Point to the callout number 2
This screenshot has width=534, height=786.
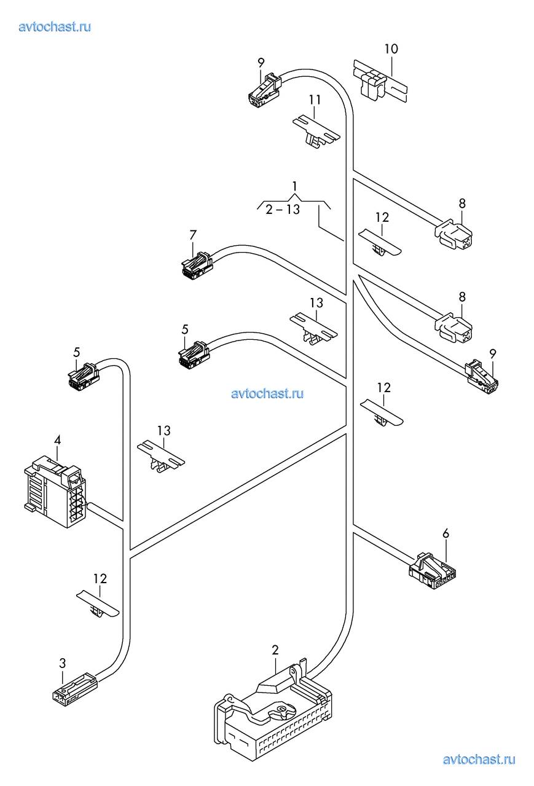tap(275, 650)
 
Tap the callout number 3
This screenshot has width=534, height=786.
tap(63, 663)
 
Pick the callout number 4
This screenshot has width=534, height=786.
tap(57, 440)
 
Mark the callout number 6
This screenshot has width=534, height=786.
tap(446, 533)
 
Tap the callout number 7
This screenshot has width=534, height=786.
tap(193, 234)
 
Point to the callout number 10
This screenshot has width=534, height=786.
tap(391, 49)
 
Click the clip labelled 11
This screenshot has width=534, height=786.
tap(316, 132)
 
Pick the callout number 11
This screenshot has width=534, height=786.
tap(315, 100)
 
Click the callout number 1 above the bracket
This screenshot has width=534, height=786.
tap(294, 186)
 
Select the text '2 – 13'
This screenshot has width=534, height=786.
tap(283, 210)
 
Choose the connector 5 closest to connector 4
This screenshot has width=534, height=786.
tap(84, 375)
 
